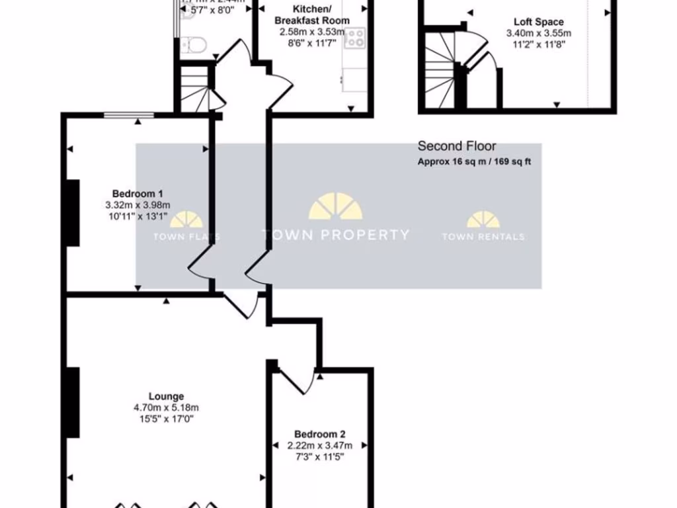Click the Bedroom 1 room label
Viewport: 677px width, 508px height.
point(138,194)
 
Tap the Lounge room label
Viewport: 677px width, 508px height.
point(166,397)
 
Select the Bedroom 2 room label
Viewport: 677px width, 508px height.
point(320,435)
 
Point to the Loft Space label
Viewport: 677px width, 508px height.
point(539,22)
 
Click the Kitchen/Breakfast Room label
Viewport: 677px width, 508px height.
point(312,15)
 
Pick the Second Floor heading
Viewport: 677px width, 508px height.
point(457,146)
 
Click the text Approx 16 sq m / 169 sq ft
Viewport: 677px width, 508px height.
point(474,162)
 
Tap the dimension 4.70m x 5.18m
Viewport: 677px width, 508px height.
point(166,408)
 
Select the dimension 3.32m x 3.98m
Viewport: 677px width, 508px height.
point(138,204)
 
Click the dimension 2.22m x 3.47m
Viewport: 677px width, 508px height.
point(320,445)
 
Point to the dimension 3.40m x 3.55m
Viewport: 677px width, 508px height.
point(539,33)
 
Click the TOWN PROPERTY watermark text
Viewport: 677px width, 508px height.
point(335,235)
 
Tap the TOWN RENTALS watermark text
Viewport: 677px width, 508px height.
point(483,237)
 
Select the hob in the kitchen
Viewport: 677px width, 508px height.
point(355,38)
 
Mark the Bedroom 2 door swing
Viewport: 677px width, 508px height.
point(298,380)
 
